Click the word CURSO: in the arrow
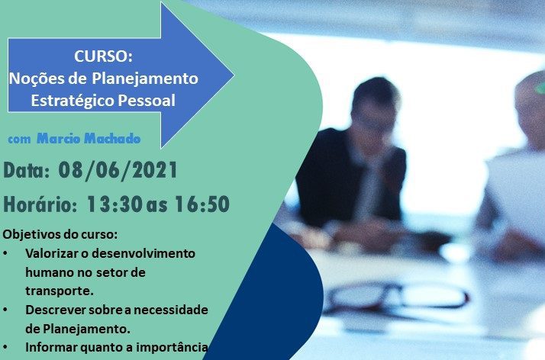103,56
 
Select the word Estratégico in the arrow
73,101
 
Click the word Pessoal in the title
147,101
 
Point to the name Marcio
58,139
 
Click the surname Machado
112,139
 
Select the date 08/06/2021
118,171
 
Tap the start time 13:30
114,204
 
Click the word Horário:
40,204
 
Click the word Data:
27,170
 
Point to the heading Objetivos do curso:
60,234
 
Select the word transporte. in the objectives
60,291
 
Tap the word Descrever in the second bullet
56,310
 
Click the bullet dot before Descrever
5,310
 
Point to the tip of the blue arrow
234,75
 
